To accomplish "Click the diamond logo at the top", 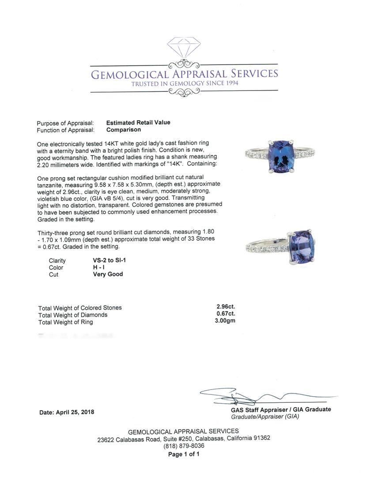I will coord(184,48).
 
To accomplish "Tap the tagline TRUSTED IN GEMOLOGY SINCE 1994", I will coord(185,83).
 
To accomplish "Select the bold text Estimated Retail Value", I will coord(138,123).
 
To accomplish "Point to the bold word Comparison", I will coord(124,130).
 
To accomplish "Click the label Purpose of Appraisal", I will coord(65,123).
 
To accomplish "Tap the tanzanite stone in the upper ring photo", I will coord(280,156).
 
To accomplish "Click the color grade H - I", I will coord(99,268).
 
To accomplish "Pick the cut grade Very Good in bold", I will coord(108,274).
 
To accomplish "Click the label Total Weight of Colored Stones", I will coord(80,308).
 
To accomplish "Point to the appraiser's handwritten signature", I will coord(247,395).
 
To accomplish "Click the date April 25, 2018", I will coord(67,412).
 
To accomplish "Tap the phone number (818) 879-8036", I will coord(184,446).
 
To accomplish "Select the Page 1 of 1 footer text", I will coord(184,454).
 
